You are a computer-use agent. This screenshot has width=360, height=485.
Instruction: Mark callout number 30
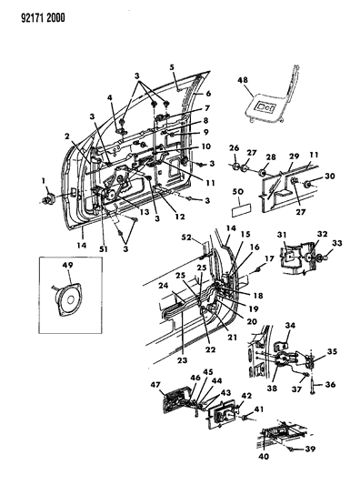(x=331, y=176)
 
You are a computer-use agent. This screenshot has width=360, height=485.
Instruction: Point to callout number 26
(x=233, y=148)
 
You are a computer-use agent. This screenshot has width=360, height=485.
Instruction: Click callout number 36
(x=331, y=384)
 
